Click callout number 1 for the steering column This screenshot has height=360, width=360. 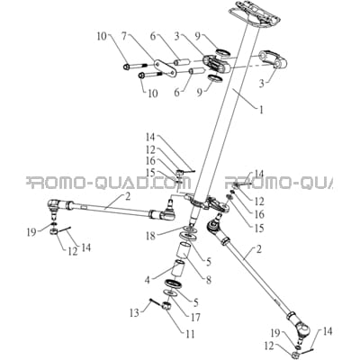261,110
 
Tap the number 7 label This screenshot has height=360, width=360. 124,37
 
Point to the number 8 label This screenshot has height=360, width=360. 209,280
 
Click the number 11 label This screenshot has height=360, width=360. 190,333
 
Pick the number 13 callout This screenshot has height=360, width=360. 134,313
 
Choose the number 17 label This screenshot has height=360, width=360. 195,317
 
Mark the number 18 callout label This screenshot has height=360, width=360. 151,236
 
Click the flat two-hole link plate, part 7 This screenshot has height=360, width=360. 164,68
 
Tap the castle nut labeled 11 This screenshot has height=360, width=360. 166,306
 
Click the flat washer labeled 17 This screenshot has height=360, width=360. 171,292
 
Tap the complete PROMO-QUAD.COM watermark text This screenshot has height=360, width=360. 109,183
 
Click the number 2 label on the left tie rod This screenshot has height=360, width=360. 128,197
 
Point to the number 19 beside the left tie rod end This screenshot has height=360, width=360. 32,232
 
